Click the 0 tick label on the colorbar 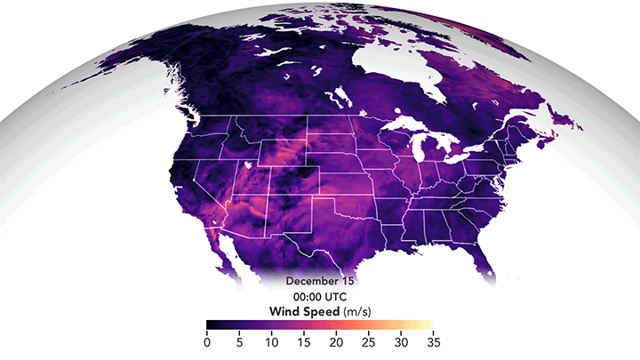click(x=207, y=341)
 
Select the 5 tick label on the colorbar click(x=240, y=341)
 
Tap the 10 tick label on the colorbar click(x=273, y=341)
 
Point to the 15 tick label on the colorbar click(x=306, y=341)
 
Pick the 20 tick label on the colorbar click(x=339, y=341)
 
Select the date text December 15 click(x=319, y=280)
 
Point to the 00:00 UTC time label click(x=319, y=296)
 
